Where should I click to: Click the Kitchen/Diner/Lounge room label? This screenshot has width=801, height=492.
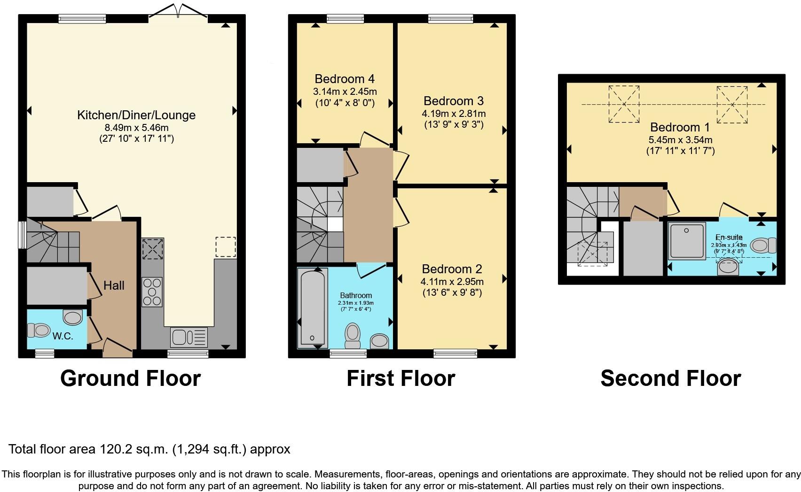point(136,115)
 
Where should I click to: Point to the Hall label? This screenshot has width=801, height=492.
point(114,285)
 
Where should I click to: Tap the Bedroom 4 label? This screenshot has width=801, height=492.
point(345,79)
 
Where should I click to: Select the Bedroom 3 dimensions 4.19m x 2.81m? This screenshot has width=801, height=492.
point(454,113)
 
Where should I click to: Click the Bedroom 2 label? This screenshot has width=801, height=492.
point(452,269)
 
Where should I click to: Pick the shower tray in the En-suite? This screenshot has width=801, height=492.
point(687,241)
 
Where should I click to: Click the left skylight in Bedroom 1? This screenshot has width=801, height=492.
point(624,104)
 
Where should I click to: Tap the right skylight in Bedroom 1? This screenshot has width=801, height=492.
point(732,104)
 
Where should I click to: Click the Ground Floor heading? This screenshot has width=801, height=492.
point(130,378)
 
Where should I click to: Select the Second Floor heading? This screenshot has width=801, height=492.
point(670,378)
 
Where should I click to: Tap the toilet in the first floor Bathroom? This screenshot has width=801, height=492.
point(352,335)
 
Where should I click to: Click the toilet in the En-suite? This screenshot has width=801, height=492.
point(763,245)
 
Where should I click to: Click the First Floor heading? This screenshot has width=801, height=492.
point(400,378)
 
